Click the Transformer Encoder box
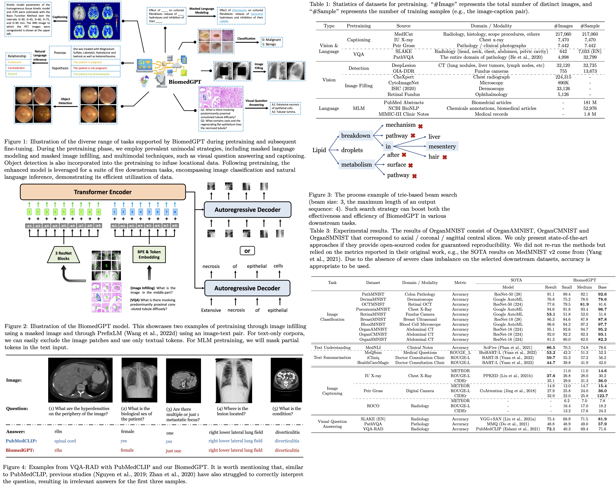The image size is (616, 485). (103, 192)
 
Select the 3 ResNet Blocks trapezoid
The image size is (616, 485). (63, 256)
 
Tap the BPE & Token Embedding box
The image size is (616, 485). (149, 254)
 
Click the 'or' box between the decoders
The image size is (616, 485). (247, 251)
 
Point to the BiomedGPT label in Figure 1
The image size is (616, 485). (185, 82)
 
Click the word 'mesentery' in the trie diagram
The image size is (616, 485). (442, 146)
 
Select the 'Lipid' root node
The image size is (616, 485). (319, 150)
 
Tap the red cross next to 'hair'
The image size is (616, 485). (445, 157)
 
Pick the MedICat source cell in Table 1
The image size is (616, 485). (403, 34)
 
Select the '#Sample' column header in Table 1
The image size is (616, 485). (590, 26)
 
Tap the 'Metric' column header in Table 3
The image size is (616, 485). (460, 283)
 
